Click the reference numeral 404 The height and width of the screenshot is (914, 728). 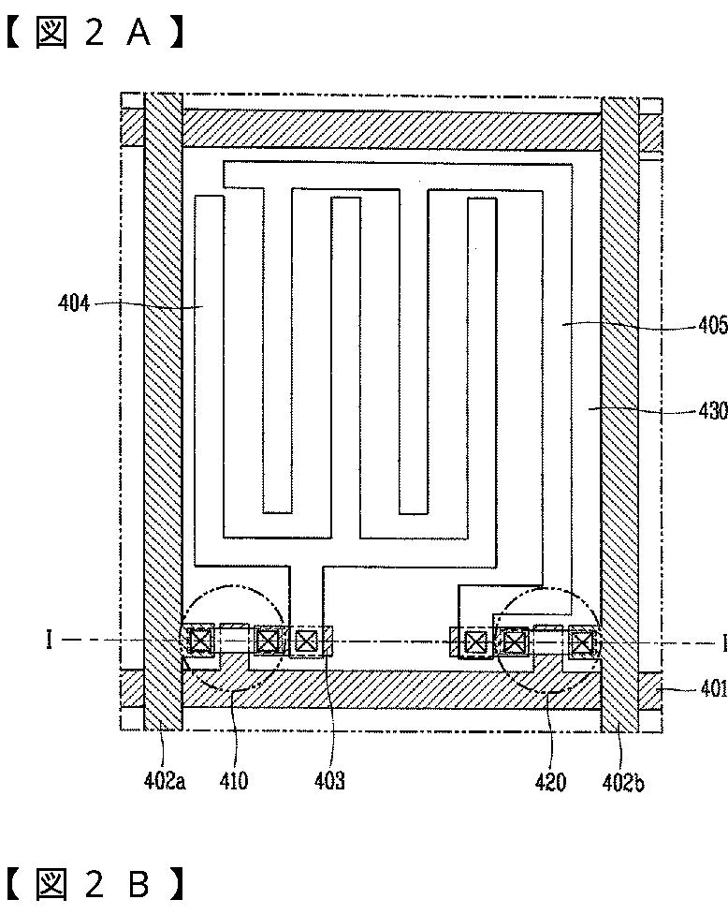point(73,303)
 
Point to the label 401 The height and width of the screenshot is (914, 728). point(713,690)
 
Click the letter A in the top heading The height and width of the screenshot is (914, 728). point(138,34)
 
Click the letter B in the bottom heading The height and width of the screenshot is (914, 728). point(138,885)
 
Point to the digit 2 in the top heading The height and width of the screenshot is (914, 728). point(94,34)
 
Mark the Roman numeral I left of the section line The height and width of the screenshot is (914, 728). point(49,641)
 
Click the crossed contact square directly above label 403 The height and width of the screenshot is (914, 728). point(306,641)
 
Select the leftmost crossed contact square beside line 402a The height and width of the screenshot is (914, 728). point(200,641)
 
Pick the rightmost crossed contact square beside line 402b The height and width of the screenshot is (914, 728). point(582,641)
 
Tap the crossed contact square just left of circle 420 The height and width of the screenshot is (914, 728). point(476,641)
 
